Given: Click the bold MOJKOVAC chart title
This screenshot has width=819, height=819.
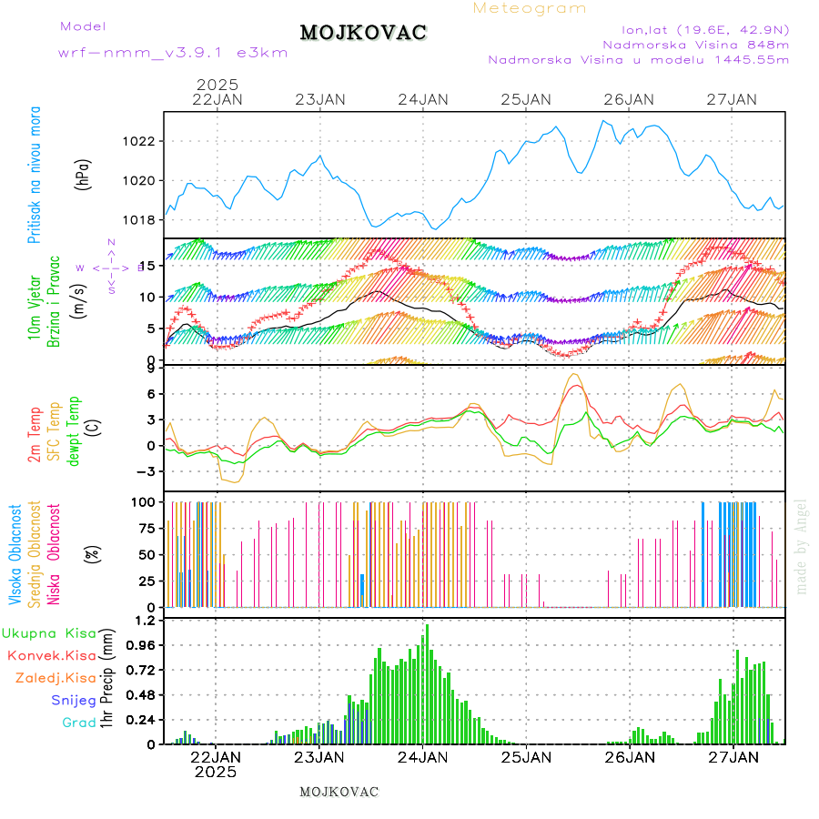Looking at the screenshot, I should (363, 33).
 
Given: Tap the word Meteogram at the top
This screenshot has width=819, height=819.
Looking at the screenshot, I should (530, 8).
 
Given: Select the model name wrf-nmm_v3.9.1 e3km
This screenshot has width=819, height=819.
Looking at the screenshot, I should (173, 53).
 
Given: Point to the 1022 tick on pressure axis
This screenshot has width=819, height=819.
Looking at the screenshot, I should (142, 141).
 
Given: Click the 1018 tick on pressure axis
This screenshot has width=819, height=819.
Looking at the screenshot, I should (142, 219).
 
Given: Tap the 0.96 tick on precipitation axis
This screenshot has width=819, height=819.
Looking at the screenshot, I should (140, 644).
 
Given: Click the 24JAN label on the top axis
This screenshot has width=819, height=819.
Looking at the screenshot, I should (423, 99).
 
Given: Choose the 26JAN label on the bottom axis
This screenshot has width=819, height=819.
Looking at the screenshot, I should (629, 756).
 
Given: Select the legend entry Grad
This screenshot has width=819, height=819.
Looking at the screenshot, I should (79, 723).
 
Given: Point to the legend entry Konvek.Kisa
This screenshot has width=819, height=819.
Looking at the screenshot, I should (51, 655).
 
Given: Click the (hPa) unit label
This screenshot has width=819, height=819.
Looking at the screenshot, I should (83, 174).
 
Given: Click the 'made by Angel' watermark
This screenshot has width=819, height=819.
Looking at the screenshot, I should (802, 546).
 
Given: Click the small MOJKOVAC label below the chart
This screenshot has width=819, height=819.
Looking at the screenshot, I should (339, 792).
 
